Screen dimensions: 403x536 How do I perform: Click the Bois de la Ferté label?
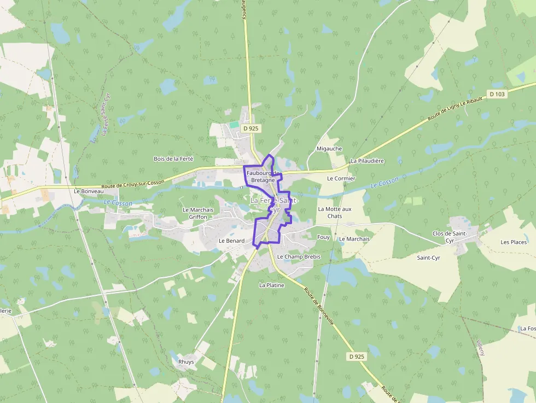173,159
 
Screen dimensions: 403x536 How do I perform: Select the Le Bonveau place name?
89,191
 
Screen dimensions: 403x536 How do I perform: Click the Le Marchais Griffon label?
198,213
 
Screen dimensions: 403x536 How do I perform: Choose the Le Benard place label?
231,241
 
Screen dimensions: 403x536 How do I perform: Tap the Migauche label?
329,149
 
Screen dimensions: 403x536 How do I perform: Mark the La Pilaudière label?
368,161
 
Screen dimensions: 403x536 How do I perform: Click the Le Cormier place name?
341,179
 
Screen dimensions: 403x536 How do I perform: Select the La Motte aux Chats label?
335,213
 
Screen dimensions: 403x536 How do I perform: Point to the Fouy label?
323,237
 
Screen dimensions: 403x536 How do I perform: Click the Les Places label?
514,242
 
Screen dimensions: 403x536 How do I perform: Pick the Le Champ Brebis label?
299,256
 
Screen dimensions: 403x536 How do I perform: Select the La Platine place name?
272,285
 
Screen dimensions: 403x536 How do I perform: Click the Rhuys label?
186,362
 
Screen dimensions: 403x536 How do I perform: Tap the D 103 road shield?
497,94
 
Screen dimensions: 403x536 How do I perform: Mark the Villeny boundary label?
480,347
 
